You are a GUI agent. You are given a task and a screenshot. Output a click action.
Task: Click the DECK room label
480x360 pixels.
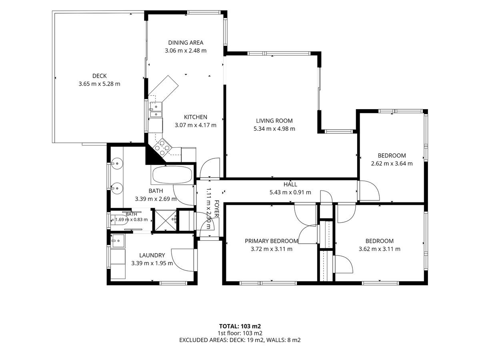point(100,76)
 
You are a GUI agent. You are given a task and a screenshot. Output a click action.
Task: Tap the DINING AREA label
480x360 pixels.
point(186,43)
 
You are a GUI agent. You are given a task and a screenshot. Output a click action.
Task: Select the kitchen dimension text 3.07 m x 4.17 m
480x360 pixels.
point(196,125)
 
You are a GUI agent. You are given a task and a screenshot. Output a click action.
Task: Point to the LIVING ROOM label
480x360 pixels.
point(274,121)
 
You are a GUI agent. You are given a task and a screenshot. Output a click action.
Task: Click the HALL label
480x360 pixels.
point(290,184)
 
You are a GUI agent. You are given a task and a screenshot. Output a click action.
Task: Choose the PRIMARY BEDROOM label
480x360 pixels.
point(271,241)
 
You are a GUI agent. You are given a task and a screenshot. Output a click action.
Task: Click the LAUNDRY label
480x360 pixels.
point(152,255)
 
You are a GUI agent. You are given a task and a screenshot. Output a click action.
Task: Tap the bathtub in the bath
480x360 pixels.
point(172,175)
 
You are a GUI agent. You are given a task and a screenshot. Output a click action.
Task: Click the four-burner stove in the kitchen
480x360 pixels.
point(162,148)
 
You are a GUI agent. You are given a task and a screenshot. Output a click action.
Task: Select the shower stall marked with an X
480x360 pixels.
point(166,220)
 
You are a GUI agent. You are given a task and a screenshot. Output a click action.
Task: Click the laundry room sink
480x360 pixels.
point(118,241)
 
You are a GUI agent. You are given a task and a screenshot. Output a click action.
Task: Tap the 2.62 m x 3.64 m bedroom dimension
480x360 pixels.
point(392,164)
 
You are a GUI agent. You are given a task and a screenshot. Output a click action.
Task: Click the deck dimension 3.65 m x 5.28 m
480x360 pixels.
point(99,84)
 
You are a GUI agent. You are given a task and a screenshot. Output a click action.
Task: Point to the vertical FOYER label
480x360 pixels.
point(217,208)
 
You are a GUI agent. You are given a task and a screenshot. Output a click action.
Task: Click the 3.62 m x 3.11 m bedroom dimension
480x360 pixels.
point(380,249)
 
